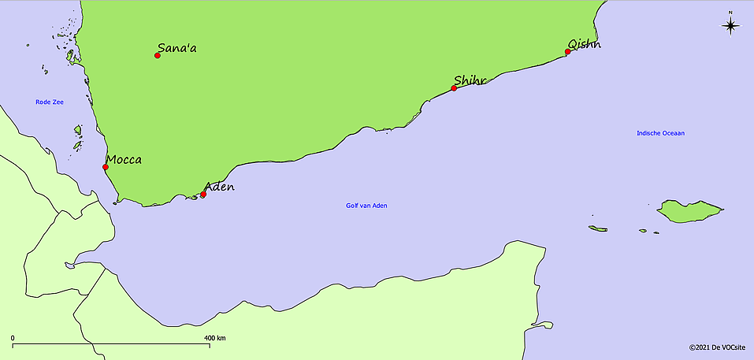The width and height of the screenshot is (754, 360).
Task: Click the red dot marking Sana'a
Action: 158,55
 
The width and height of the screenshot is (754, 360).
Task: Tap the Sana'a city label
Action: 177,49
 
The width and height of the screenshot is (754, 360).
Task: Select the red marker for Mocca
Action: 106,167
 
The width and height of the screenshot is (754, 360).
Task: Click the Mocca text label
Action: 124,160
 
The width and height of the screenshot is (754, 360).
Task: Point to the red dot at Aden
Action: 203,195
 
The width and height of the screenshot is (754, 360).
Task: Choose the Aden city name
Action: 219,187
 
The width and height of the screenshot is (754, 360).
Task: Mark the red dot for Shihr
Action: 454,88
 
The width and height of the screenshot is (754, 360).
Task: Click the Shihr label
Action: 470,80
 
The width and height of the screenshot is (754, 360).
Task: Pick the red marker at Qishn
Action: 567,52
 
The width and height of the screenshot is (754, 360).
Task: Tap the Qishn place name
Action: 584,44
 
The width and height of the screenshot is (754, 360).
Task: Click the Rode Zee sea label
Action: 49,102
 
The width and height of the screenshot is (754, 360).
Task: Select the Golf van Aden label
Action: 366,206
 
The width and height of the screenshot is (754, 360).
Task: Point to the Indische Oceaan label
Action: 660,133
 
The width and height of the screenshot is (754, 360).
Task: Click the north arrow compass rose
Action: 730,26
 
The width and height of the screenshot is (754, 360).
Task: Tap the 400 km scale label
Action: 215,338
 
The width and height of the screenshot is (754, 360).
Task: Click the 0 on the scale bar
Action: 13,338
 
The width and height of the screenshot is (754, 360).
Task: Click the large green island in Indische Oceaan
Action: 690,211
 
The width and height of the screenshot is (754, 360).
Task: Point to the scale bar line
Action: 110,344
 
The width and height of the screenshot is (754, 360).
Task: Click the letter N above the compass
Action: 730,13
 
